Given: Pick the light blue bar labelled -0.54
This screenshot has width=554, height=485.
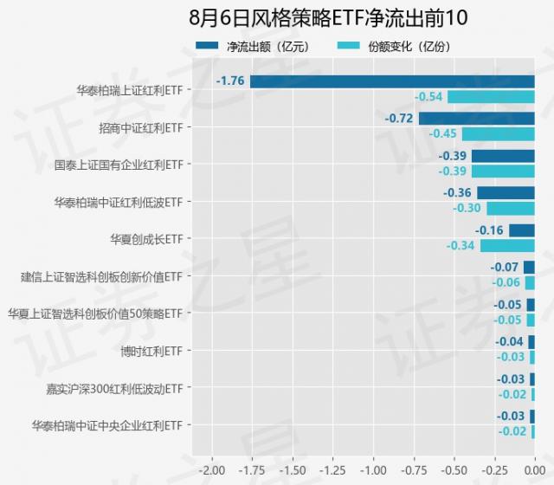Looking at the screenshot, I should (x=491, y=97).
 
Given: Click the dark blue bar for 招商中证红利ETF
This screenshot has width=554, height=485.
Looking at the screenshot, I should (x=476, y=119).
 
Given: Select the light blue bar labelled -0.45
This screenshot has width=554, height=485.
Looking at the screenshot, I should (x=498, y=134).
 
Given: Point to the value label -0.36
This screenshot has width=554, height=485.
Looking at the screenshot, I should (x=457, y=193).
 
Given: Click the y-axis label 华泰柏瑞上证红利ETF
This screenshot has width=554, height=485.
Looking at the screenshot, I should (x=129, y=89).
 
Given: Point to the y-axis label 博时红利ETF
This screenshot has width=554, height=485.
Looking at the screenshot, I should (x=152, y=351).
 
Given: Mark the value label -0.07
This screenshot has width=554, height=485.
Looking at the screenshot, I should (x=505, y=268).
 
